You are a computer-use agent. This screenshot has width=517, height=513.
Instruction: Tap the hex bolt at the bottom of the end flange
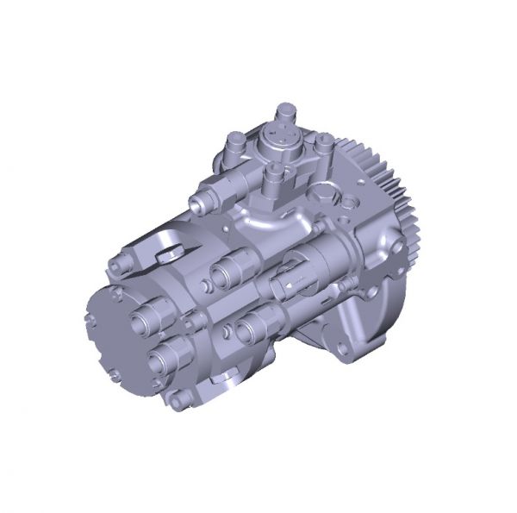179,398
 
